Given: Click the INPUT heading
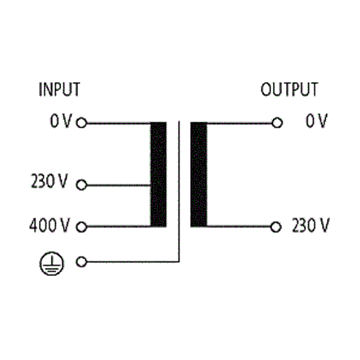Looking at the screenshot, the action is [x=59, y=89].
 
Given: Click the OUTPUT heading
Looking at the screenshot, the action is [x=289, y=89].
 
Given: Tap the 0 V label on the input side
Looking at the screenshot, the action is [x=61, y=121].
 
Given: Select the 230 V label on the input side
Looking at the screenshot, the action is [x=49, y=181].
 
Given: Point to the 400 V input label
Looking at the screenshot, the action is [x=49, y=225].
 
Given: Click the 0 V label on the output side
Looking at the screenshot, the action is [x=316, y=121].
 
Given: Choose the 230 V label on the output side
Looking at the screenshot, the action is [x=310, y=225].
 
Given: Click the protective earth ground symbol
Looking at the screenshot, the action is [x=52, y=263].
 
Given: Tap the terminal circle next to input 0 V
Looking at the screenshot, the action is [x=81, y=122].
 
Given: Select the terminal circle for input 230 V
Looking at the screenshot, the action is [x=81, y=185].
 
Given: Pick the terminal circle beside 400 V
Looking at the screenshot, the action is [x=81, y=227].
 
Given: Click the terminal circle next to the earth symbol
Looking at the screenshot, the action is [x=81, y=262].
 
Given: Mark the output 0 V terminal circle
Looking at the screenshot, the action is [x=277, y=122].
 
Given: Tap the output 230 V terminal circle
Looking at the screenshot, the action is [x=276, y=227].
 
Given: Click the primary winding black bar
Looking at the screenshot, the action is [x=158, y=175].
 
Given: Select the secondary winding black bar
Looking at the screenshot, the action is [x=199, y=175].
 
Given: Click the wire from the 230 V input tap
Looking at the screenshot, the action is [x=119, y=185].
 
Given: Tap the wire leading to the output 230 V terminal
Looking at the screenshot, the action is [x=239, y=227].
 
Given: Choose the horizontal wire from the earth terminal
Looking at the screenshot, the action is [x=133, y=262].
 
